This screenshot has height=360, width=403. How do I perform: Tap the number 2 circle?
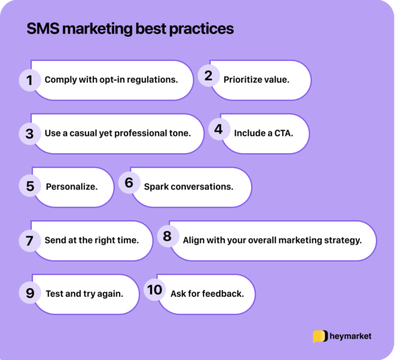tap(208, 76)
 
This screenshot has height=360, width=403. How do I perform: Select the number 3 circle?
tap(29, 134)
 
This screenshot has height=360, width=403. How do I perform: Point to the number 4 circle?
tap(218, 129)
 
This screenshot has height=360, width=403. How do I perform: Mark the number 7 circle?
tap(29, 240)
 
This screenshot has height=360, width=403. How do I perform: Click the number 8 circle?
tap(167, 236)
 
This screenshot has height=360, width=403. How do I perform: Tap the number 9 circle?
tap(29, 293)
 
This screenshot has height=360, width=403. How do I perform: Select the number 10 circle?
tap(154, 289)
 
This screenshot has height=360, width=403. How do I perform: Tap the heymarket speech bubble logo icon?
tap(320, 336)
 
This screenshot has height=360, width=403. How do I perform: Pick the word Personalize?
tap(71, 186)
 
